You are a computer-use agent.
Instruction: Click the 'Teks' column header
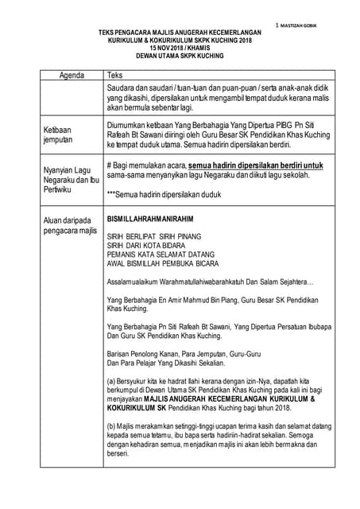pyautogui.click(x=114, y=76)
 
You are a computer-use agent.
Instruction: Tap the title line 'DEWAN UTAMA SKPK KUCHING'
pyautogui.click(x=178, y=55)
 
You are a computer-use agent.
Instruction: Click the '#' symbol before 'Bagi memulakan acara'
pyautogui.click(x=109, y=165)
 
